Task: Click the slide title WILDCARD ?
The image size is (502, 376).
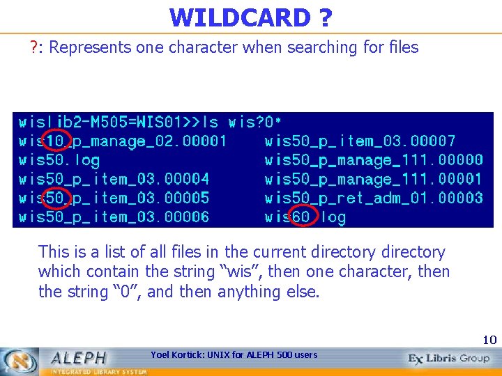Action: [250, 17]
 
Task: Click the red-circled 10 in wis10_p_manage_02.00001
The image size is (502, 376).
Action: [55, 141]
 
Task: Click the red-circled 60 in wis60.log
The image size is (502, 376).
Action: [301, 217]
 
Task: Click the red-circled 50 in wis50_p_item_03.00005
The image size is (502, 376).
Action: [55, 198]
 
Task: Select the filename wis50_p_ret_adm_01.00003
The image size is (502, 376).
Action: [374, 198]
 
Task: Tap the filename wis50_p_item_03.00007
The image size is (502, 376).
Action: [360, 141]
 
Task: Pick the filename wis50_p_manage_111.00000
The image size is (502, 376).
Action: [374, 161]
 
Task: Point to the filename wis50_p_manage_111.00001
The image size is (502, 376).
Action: [374, 180]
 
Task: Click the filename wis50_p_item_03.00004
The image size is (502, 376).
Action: [114, 180]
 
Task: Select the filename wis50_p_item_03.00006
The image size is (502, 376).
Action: [114, 217]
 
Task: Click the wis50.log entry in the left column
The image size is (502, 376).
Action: [59, 161]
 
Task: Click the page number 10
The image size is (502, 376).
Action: [489, 340]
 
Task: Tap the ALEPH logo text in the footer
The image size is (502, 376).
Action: [78, 358]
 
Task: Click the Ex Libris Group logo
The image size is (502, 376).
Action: [450, 359]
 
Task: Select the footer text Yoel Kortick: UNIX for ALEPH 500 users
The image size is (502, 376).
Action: [234, 355]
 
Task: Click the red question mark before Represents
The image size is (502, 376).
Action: [33, 47]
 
